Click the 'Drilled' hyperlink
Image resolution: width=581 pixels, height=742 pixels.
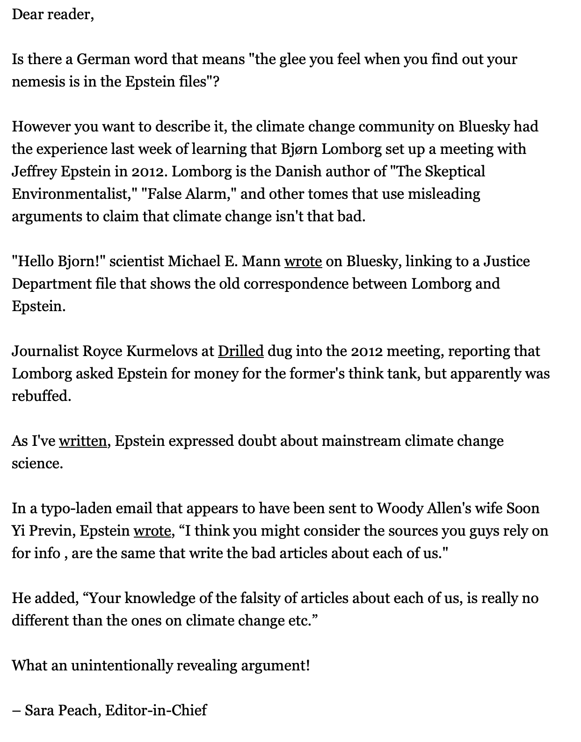pyautogui.click(x=240, y=351)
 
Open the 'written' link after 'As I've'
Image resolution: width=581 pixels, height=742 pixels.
pyautogui.click(x=83, y=441)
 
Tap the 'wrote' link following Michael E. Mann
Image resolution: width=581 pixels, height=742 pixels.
pyautogui.click(x=303, y=261)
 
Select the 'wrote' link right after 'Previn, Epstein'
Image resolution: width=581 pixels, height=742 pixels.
pyautogui.click(x=152, y=531)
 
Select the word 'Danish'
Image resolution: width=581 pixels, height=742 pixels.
pyautogui.click(x=297, y=172)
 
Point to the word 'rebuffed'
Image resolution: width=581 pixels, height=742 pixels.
pyautogui.click(x=41, y=396)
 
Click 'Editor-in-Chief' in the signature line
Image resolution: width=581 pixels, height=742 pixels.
pyautogui.click(x=156, y=710)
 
